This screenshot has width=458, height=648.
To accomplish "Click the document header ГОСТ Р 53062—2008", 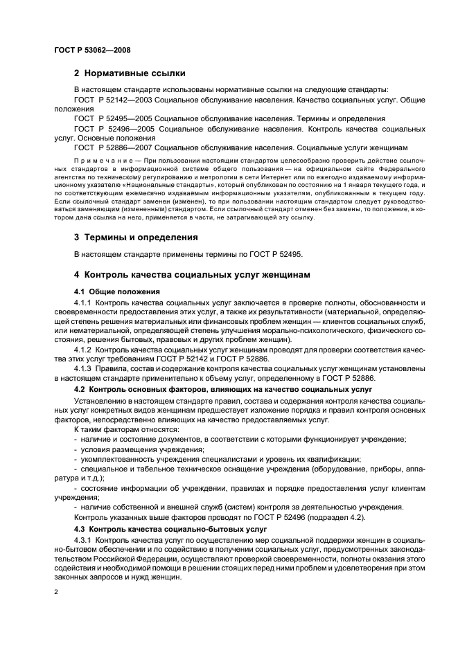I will [x=91, y=50].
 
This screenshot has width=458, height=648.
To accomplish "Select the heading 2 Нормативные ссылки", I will [x=130, y=73].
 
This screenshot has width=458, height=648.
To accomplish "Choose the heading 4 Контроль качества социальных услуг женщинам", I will [x=193, y=275].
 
